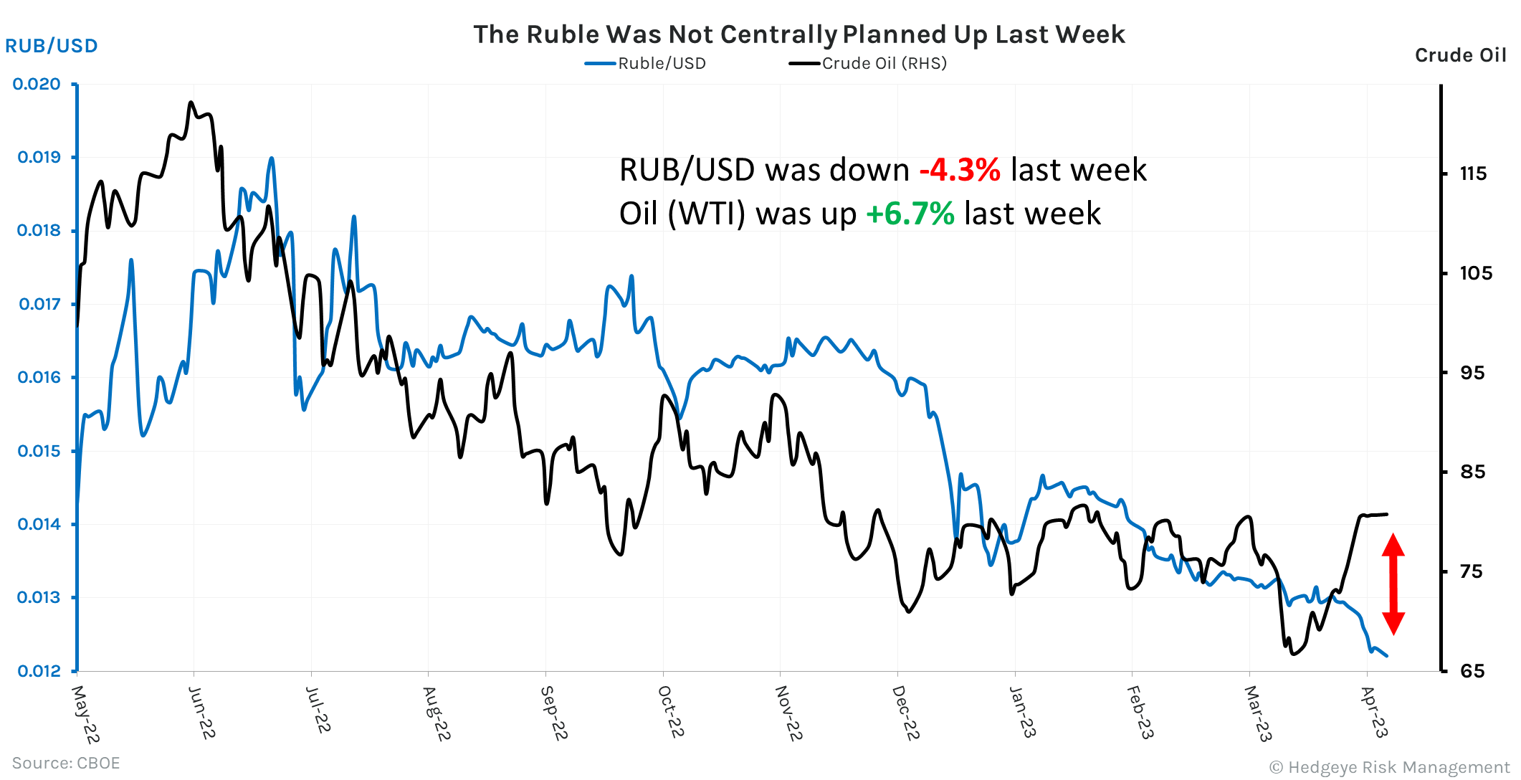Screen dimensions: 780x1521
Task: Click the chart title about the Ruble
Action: coord(798,34)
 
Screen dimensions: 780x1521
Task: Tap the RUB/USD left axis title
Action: coord(52,46)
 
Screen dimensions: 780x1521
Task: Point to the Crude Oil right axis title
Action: coord(1460,55)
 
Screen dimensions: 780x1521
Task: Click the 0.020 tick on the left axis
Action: coord(37,84)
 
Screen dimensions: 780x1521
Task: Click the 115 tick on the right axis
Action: coord(1473,173)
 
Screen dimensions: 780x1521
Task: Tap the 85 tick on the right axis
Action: coord(1473,472)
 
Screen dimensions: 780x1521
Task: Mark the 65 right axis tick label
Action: coord(1473,671)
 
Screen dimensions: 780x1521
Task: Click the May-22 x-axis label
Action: coord(85,714)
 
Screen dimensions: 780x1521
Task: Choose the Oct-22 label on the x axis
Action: coord(671,711)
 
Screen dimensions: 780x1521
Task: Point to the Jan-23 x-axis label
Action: coord(1022,711)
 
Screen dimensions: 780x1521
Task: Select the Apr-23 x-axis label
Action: coord(1374,711)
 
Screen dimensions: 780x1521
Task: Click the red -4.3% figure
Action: coord(959,171)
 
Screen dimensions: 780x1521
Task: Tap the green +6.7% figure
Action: coord(910,214)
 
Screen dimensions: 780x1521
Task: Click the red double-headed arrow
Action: coord(1393,584)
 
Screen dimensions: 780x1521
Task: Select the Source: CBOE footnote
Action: coord(66,763)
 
